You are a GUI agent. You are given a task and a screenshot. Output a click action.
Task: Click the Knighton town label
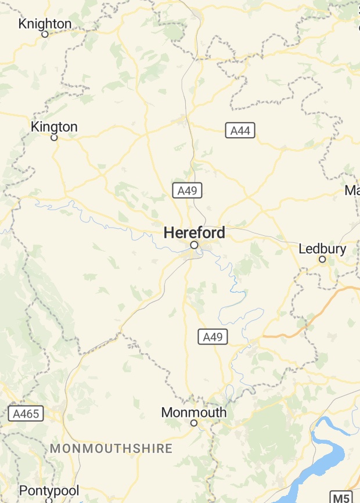pos(45,24)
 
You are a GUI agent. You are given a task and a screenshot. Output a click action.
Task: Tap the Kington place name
pos(54,127)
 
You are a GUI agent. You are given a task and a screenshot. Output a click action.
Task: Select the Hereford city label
pos(194,233)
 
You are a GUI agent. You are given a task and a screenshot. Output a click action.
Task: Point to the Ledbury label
pos(322,249)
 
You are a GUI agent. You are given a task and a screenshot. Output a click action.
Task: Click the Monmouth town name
pos(194,412)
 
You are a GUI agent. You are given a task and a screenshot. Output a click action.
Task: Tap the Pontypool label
pos(49,491)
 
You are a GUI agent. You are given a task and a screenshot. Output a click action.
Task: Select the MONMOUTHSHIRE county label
pos(111,448)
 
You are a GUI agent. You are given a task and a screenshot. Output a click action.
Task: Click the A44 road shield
pos(240,131)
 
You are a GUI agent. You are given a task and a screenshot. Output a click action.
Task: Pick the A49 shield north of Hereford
pos(187,190)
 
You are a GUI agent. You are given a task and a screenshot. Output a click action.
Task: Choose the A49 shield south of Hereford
pos(213,336)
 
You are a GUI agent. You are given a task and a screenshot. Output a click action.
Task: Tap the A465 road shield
pos(26,414)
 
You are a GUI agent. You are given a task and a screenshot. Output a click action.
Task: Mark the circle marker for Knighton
pos(45,34)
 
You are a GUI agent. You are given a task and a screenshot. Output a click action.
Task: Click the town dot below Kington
pos(54,138)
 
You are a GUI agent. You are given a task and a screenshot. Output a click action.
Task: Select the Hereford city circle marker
pos(194,245)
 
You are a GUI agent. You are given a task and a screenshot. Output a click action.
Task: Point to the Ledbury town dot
pos(322,259)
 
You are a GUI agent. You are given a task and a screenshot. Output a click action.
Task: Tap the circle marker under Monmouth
pos(194,423)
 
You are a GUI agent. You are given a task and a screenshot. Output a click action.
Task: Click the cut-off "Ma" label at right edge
pos(352,191)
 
